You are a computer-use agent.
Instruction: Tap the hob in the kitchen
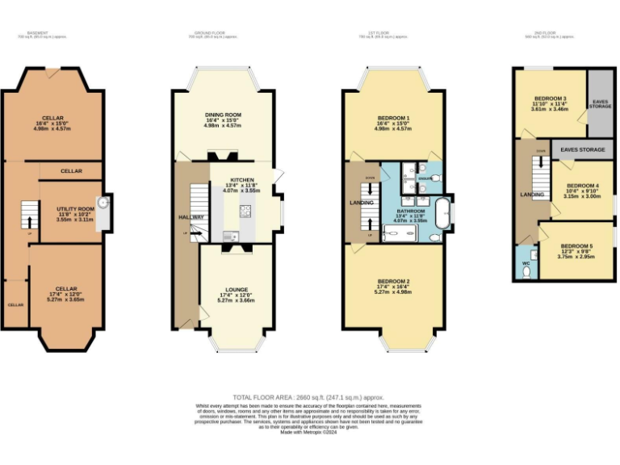pyautogui.click(x=245, y=212)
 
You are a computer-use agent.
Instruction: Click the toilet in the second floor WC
pyautogui.click(x=526, y=272)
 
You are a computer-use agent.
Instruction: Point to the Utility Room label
pyautogui.click(x=69, y=208)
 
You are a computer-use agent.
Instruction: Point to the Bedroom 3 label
pyautogui.click(x=549, y=102)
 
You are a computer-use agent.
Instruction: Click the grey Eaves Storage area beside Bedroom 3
pyautogui.click(x=601, y=103)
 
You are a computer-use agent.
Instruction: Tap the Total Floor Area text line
pyautogui.click(x=309, y=397)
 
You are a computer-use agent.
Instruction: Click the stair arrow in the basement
pyautogui.click(x=29, y=218)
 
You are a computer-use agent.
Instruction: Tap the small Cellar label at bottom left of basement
pyautogui.click(x=15, y=305)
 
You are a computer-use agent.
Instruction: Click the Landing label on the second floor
pyautogui.click(x=530, y=195)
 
